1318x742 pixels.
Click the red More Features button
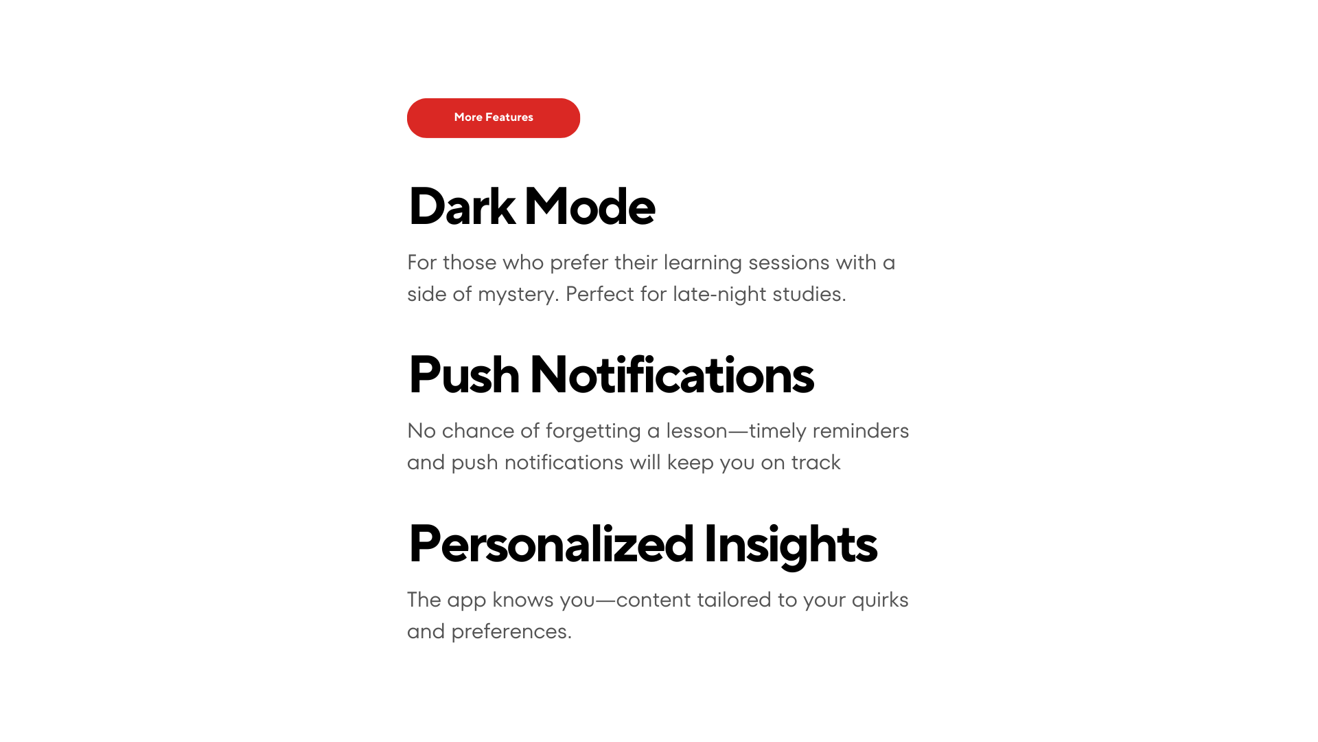click(494, 118)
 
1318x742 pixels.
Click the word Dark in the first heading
click(462, 206)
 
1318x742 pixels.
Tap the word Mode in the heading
click(590, 206)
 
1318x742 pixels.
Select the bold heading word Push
click(464, 375)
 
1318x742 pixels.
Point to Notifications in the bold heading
click(672, 375)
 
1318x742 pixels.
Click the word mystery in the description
click(518, 295)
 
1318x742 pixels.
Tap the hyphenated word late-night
click(719, 294)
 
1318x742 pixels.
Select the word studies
click(809, 294)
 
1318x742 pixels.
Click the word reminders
click(861, 431)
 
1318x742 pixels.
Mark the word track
click(816, 462)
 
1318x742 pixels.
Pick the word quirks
click(880, 600)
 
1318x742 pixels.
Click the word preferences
click(511, 632)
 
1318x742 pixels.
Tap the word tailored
click(734, 600)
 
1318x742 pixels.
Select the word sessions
click(789, 263)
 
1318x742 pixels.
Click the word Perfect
click(600, 294)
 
